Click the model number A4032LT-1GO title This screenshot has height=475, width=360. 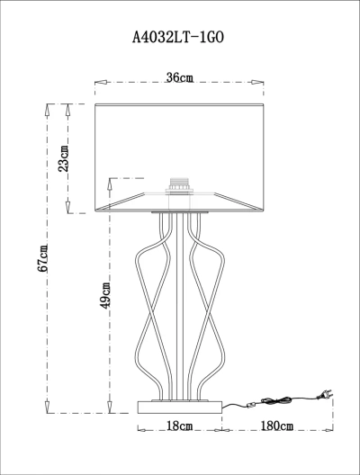tap(178, 38)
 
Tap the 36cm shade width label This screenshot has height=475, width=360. tap(179, 77)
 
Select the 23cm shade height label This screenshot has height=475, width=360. tap(64, 158)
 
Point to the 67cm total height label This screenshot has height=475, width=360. tap(42, 258)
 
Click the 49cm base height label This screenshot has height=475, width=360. tap(105, 295)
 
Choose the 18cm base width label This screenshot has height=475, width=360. tap(180, 426)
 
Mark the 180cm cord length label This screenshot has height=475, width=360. tap(277, 426)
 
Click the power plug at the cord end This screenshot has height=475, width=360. tap(325, 394)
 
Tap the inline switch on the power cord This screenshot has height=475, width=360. tap(251, 405)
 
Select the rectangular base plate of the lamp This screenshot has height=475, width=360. tap(180, 408)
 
